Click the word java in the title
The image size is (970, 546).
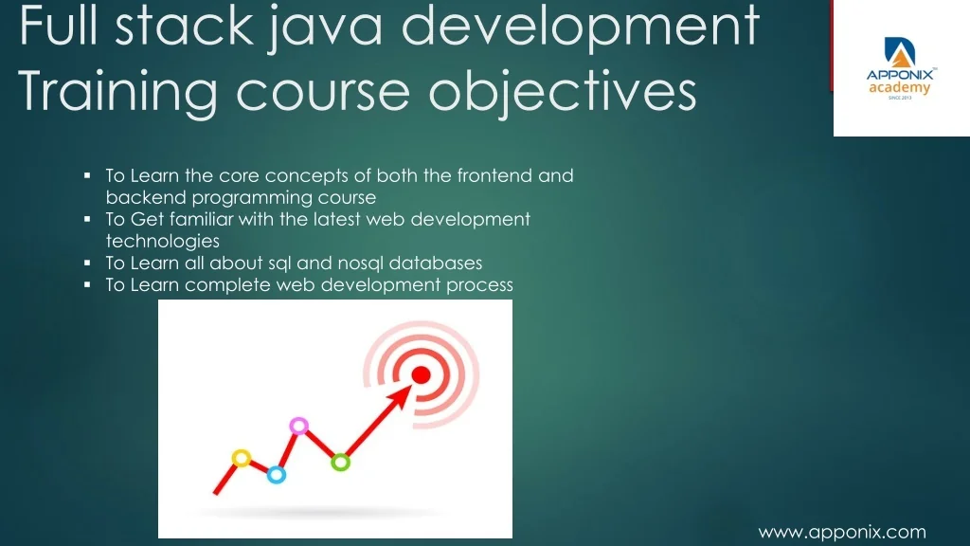[x=325, y=28]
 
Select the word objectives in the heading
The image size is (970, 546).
[x=563, y=92]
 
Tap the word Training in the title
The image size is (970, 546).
[x=117, y=92]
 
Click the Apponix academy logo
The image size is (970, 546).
[x=901, y=68]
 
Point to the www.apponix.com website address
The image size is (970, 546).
[x=842, y=533]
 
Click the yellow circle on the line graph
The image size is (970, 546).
[x=242, y=458]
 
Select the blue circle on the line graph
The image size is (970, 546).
[x=277, y=475]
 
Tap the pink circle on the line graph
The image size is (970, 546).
[x=298, y=426]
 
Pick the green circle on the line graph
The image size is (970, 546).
[x=340, y=462]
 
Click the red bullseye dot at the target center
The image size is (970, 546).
[x=421, y=375]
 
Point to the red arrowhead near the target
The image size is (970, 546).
[x=400, y=397]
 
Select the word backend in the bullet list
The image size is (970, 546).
[x=147, y=197]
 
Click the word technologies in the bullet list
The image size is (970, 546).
[x=163, y=242]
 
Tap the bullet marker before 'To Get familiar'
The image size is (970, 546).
[x=87, y=219]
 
